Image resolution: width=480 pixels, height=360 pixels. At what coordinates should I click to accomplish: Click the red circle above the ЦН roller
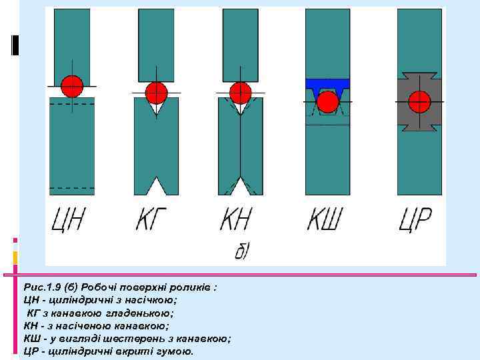click(x=72, y=86)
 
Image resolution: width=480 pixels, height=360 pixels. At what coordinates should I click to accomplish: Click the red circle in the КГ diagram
click(x=156, y=93)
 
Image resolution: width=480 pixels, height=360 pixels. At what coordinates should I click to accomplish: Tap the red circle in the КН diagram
click(x=240, y=93)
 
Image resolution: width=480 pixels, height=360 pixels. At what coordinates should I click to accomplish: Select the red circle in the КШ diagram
click(x=327, y=102)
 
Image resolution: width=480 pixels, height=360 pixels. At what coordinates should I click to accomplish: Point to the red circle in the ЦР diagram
click(x=419, y=101)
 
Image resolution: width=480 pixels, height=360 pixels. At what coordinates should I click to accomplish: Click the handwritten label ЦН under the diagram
click(x=69, y=220)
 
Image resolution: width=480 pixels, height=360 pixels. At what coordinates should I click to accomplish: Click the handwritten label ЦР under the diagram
click(x=415, y=220)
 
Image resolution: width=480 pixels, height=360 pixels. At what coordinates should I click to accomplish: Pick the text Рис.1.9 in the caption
click(x=42, y=287)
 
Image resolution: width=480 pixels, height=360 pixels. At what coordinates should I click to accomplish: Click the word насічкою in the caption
click(x=154, y=300)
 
